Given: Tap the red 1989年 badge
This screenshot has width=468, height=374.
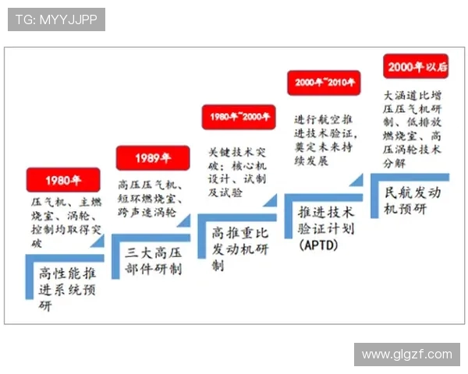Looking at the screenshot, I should [152, 158].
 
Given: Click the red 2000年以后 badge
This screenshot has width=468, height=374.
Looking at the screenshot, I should [417, 66].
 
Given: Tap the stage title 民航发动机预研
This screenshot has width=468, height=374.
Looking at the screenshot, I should [412, 199].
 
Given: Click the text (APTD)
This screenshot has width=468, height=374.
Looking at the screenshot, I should [317, 245].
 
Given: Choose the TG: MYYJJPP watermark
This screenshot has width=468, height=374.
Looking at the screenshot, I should [56, 19].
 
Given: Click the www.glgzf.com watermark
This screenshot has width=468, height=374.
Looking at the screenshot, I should [406, 355].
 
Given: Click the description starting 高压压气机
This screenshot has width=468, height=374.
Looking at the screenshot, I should [152, 199].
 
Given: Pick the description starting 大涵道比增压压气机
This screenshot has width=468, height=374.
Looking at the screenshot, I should [413, 122].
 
